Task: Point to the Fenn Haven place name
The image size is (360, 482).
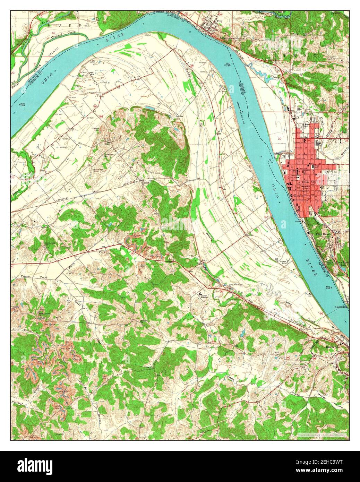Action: pos(323,234)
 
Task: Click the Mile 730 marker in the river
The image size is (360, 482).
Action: pos(228,64)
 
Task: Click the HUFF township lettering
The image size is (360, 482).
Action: pos(64,26)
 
